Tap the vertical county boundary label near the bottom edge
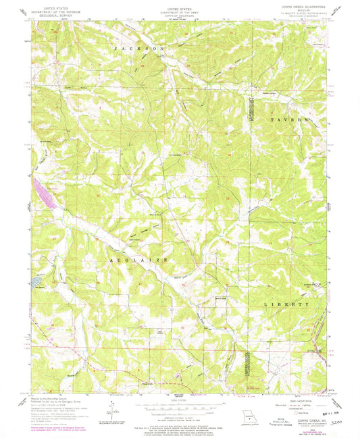click(245, 368)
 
